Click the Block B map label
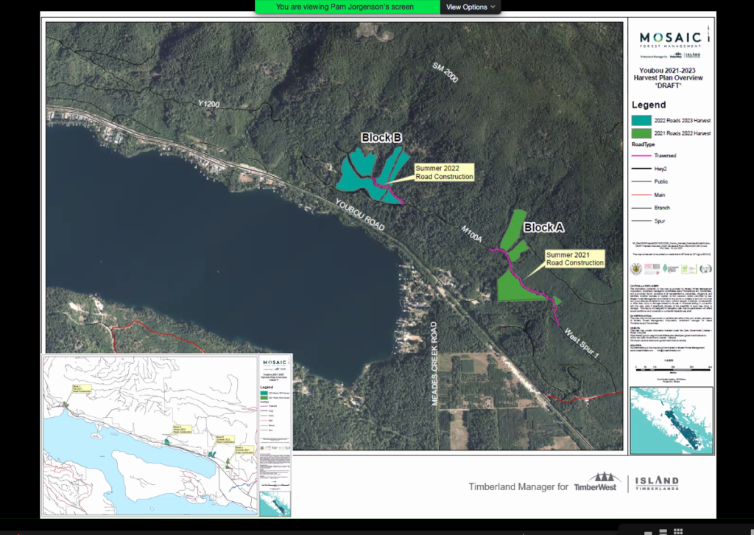[381, 138]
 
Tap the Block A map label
[543, 228]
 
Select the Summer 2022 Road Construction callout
[443, 172]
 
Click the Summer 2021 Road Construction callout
[574, 258]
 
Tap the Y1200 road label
[208, 105]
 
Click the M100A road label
[471, 233]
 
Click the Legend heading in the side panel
[649, 105]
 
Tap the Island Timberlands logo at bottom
[653, 484]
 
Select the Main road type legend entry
[661, 195]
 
